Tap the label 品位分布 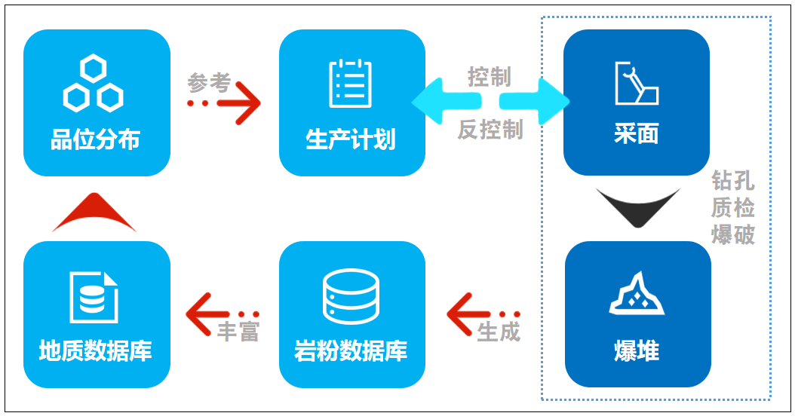[95, 139]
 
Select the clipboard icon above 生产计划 [351, 82]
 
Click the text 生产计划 [351, 139]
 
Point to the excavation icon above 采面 [637, 83]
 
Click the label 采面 [637, 135]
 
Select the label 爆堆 [637, 351]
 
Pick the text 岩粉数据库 [351, 351]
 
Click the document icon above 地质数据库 [94, 296]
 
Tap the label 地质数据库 [96, 351]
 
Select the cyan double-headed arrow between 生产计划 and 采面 [491, 102]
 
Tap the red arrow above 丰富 [222, 313]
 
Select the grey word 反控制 [490, 130]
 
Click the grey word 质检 [733, 206]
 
